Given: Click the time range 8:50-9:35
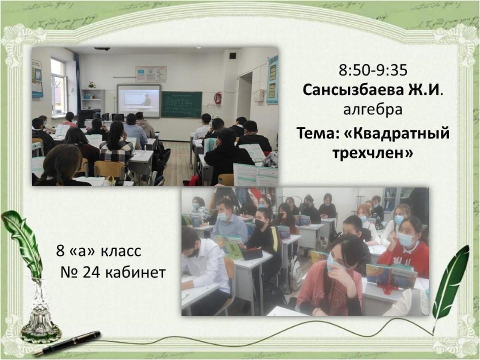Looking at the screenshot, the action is coord(373,70).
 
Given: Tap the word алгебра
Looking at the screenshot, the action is coord(373,109).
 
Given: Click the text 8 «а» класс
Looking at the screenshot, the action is coord(99,251).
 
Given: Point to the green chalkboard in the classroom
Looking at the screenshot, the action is coord(181,104).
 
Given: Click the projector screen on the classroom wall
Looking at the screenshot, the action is coord(139,101).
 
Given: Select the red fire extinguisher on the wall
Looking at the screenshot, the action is coord(218,98).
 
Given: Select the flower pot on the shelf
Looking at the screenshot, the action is coord(92,84).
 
